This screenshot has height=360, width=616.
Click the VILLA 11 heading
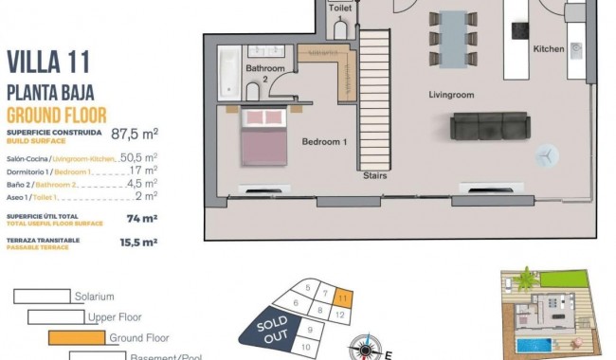pyautogui.click(x=48, y=63)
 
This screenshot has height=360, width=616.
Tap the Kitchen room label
pyautogui.click(x=549, y=48)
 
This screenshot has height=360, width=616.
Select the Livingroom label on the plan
pyautogui.click(x=451, y=95)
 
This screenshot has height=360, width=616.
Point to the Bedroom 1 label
pyautogui.click(x=325, y=142)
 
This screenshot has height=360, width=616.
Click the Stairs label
pyautogui.click(x=375, y=175)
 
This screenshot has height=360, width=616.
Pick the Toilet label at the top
pyautogui.click(x=340, y=8)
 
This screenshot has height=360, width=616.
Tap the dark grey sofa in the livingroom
pyautogui.click(x=489, y=126)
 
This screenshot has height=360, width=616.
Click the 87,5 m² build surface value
pyautogui.click(x=134, y=135)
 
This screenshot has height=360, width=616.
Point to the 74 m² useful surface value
pyautogui.click(x=141, y=217)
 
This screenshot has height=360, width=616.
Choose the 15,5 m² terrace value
pyautogui.click(x=138, y=242)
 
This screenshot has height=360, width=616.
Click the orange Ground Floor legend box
pyautogui.click(x=76, y=336)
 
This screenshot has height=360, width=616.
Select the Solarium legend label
pyautogui.click(x=94, y=297)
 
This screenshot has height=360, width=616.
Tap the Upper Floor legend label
pyautogui.click(x=115, y=317)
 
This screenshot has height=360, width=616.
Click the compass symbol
pyautogui.click(x=362, y=348)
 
